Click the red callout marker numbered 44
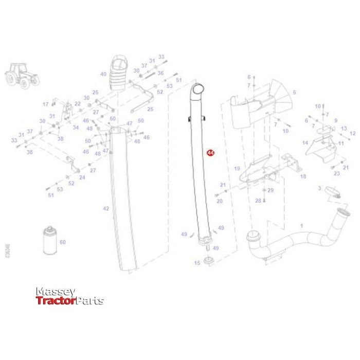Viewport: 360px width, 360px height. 209,153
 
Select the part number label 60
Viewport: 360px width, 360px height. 63,242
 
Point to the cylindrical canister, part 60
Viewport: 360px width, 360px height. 50,241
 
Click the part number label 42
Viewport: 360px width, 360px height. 106,209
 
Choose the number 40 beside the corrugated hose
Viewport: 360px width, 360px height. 103,74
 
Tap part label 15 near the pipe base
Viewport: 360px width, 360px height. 196,263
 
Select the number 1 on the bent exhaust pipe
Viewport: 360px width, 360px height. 301,226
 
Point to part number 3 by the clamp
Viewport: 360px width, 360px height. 319,189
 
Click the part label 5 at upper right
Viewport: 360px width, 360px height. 295,93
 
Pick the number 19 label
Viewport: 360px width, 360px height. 237,169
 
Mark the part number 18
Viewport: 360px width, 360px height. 303,176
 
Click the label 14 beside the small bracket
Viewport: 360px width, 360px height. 305,142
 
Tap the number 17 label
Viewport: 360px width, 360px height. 45,104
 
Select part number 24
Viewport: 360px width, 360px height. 82,177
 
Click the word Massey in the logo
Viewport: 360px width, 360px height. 56,292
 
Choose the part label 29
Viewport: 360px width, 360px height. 271,190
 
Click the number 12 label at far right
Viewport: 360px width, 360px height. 352,133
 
